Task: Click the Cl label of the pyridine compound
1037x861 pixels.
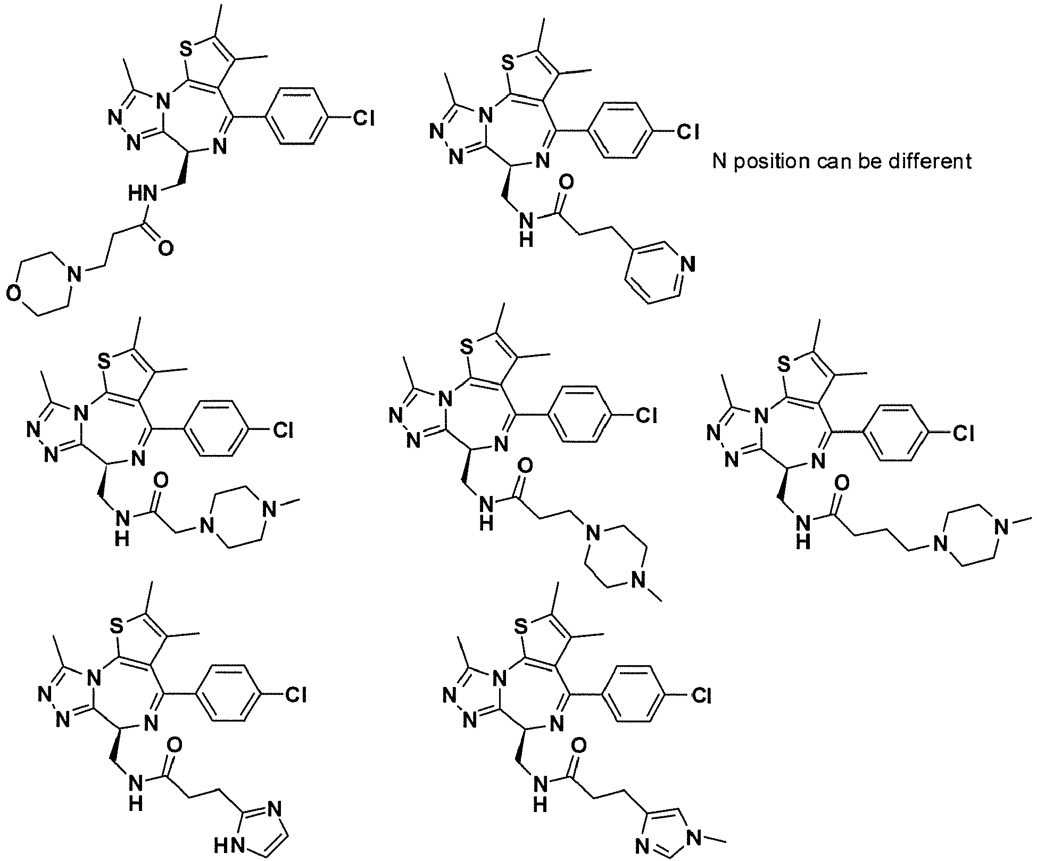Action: point(687,131)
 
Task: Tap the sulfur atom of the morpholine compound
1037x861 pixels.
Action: point(185,51)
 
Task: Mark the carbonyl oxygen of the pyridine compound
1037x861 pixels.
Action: point(567,184)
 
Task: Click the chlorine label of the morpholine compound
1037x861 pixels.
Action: point(364,118)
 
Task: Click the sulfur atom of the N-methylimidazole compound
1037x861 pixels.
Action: point(521,628)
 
